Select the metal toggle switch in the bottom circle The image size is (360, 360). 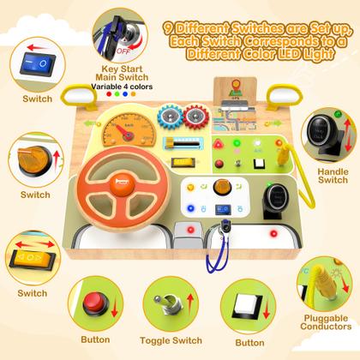168,303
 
